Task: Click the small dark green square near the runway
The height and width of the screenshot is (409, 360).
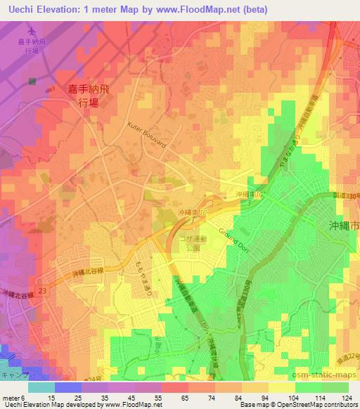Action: click(32, 82)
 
